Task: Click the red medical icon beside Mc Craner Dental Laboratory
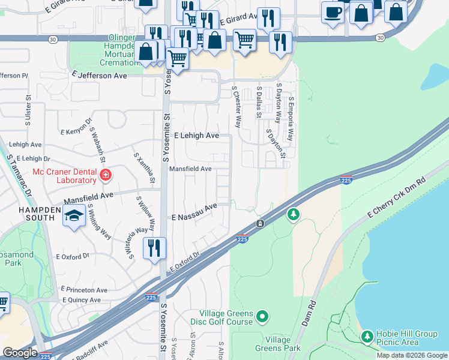tap(106, 175)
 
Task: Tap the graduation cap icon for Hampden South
tap(74, 217)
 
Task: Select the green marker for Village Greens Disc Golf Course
tap(262, 316)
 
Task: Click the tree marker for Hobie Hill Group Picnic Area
tap(367, 338)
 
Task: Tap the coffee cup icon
tap(333, 12)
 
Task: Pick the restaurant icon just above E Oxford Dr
tap(154, 247)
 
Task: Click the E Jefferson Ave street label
tap(99, 76)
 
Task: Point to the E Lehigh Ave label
tap(196, 136)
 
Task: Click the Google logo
tap(20, 353)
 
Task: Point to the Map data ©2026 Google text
tap(412, 355)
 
